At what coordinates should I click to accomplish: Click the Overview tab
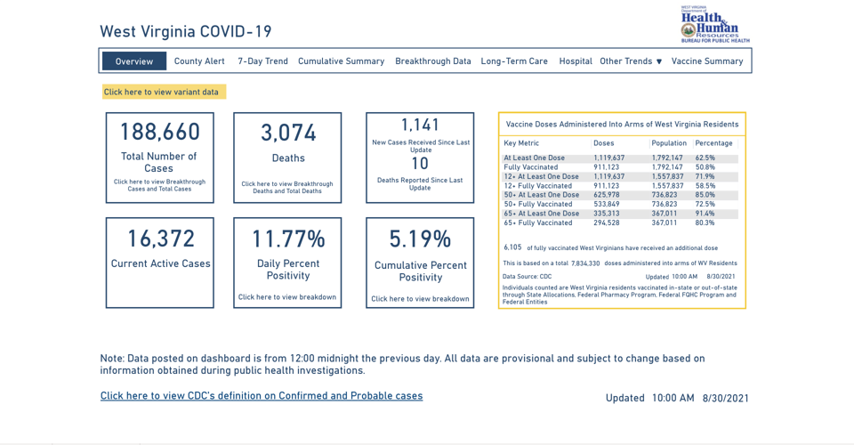click(x=134, y=61)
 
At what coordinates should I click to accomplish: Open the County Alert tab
click(x=199, y=61)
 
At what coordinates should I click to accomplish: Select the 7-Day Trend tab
click(x=262, y=61)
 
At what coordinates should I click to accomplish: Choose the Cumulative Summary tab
click(x=341, y=61)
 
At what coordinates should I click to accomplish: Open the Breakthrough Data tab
click(x=433, y=61)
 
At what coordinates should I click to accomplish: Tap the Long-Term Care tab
click(x=514, y=61)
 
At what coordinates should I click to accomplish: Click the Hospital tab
click(x=576, y=61)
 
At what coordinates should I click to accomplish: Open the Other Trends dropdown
click(x=631, y=61)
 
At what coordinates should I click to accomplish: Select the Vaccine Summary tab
click(x=707, y=61)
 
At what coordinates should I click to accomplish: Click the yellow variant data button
click(x=164, y=92)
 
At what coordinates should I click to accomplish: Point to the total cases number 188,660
click(x=160, y=133)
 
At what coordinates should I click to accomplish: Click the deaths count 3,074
click(x=288, y=133)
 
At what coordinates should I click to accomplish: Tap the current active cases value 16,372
click(x=160, y=239)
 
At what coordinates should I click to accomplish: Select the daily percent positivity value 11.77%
click(x=288, y=239)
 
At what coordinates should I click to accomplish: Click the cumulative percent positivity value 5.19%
click(x=420, y=239)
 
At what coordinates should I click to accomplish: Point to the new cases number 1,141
click(x=420, y=125)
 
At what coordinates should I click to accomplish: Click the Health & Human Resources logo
click(x=715, y=25)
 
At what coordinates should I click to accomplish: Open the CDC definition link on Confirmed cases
click(x=262, y=396)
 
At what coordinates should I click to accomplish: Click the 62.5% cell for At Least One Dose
click(x=705, y=158)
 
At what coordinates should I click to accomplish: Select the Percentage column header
click(x=713, y=143)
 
